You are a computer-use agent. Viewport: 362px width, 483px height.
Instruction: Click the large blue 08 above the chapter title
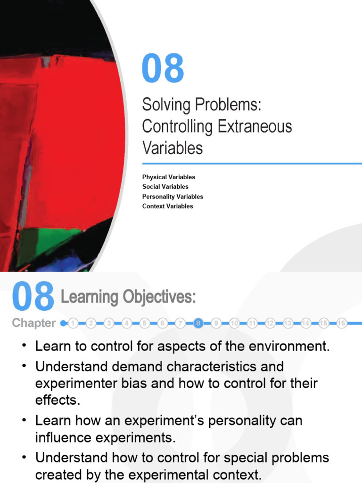click(163, 68)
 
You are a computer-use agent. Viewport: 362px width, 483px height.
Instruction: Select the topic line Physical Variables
click(168, 177)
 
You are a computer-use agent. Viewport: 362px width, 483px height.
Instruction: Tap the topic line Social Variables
click(165, 187)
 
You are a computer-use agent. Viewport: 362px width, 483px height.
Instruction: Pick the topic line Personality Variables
click(173, 196)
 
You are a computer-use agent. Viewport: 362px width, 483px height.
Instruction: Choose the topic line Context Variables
click(167, 206)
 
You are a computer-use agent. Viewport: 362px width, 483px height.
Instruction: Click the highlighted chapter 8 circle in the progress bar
click(198, 323)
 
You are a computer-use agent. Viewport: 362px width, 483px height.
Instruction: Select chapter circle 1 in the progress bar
click(73, 323)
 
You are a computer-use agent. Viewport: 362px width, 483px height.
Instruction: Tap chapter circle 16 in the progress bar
click(342, 323)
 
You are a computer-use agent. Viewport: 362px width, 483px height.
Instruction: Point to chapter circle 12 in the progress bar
click(270, 323)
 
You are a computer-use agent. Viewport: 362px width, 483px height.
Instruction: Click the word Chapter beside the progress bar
click(33, 324)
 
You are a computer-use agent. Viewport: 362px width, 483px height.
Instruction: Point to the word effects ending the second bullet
click(58, 400)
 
